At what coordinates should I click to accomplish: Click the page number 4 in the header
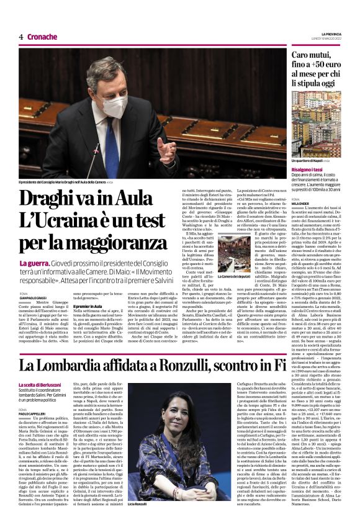[x=21, y=37]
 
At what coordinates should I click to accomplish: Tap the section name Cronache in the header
[x=42, y=37]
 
